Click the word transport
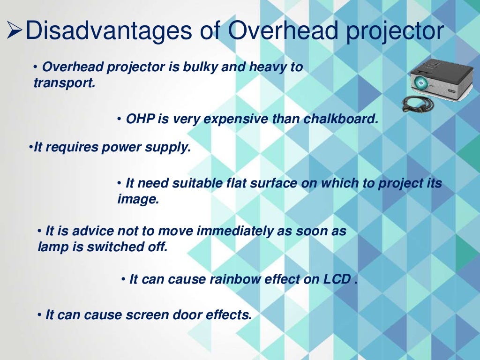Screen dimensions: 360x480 click(x=63, y=83)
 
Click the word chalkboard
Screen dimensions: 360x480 click(x=340, y=119)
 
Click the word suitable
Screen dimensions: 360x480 click(x=199, y=183)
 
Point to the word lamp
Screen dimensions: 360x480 click(x=53, y=247)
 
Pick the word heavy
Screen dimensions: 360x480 click(x=269, y=67)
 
